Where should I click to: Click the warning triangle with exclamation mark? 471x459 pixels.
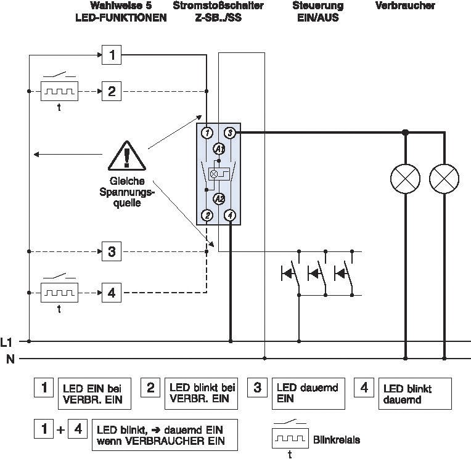(127, 156)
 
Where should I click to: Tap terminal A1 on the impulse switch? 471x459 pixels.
(219, 149)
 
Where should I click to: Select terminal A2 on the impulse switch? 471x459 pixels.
(219, 199)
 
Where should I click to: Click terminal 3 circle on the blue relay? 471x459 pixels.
(230, 132)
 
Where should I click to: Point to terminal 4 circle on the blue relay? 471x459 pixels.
(230, 215)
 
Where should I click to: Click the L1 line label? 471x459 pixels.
(6, 342)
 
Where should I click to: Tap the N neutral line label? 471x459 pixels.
(10, 359)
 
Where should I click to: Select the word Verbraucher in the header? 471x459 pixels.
(405, 6)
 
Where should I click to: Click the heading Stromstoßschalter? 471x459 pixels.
(218, 6)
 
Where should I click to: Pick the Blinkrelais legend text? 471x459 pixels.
(337, 440)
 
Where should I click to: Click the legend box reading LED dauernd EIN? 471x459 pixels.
(308, 394)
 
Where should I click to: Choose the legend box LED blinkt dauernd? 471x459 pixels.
(415, 394)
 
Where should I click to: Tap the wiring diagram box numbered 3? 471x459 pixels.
(112, 251)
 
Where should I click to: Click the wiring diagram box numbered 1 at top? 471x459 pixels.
(112, 55)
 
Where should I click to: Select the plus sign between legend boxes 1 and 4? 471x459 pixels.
(60, 429)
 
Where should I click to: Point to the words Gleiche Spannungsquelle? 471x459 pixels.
(127, 192)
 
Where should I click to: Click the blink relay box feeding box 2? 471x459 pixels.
(59, 91)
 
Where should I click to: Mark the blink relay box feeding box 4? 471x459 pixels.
(59, 293)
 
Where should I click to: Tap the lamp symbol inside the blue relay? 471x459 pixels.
(213, 174)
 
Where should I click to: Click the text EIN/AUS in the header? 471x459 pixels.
(318, 18)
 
